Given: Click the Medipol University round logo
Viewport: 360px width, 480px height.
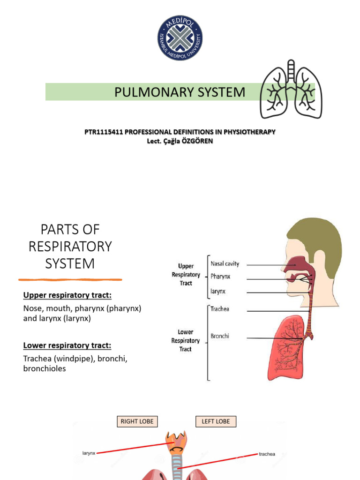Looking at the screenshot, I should (x=180, y=39).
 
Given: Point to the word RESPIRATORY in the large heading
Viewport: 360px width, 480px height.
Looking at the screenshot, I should (x=70, y=246).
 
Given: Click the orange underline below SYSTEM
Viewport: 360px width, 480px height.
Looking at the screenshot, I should (x=70, y=280).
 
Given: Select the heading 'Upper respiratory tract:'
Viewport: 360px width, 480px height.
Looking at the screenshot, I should (x=67, y=295).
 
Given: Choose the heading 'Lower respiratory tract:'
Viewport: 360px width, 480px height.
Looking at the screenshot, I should (x=67, y=345).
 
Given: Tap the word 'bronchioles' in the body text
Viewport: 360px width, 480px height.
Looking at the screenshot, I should (x=45, y=368).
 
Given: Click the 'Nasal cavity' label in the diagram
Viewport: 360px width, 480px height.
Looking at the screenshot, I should (x=225, y=264).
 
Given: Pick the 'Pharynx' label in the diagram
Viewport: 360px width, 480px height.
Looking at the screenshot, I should (x=221, y=277).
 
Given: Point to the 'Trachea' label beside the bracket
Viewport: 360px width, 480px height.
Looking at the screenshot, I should (x=220, y=309).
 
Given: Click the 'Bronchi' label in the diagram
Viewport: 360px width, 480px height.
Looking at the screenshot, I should (x=220, y=336).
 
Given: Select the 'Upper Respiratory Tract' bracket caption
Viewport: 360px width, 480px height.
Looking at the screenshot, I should (x=186, y=275).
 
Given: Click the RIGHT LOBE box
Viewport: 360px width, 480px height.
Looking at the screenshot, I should (x=137, y=421).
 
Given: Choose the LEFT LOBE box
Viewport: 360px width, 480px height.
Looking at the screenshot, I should (x=216, y=421).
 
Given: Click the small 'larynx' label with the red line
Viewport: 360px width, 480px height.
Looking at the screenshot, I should (x=89, y=453).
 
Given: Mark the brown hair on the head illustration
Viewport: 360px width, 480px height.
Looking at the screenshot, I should (x=319, y=239).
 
